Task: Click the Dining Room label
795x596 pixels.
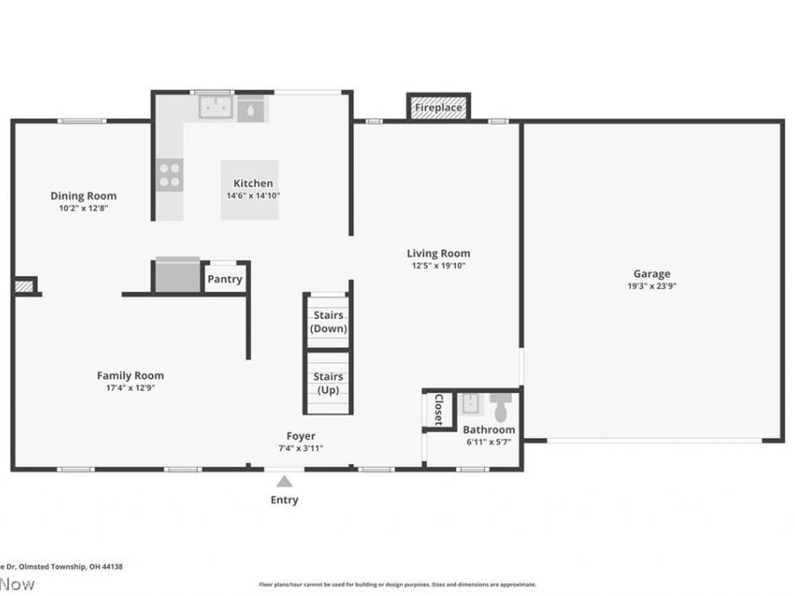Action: point(83,196)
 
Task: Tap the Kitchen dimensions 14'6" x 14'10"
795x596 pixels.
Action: point(253,195)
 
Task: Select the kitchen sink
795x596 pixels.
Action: point(214,108)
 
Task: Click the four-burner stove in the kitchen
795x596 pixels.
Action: point(170,173)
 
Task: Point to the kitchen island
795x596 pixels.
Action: point(249,189)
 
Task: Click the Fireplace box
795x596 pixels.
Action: point(438,108)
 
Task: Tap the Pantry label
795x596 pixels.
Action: point(224,279)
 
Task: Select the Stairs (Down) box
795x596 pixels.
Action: point(328,321)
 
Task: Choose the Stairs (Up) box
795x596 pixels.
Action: point(328,382)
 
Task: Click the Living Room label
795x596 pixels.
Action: point(438,253)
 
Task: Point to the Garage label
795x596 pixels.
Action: point(651,274)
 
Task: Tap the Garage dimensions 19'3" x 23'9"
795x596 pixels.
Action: point(651,286)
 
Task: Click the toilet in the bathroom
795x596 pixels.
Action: point(501,407)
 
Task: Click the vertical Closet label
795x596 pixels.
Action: point(437,410)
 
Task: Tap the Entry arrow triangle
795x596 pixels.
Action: point(284,481)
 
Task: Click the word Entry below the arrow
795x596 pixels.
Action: point(284,500)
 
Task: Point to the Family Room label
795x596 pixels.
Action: point(130,375)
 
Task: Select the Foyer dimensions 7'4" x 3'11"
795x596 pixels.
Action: point(300,448)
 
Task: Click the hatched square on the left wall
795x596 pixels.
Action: point(24,285)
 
